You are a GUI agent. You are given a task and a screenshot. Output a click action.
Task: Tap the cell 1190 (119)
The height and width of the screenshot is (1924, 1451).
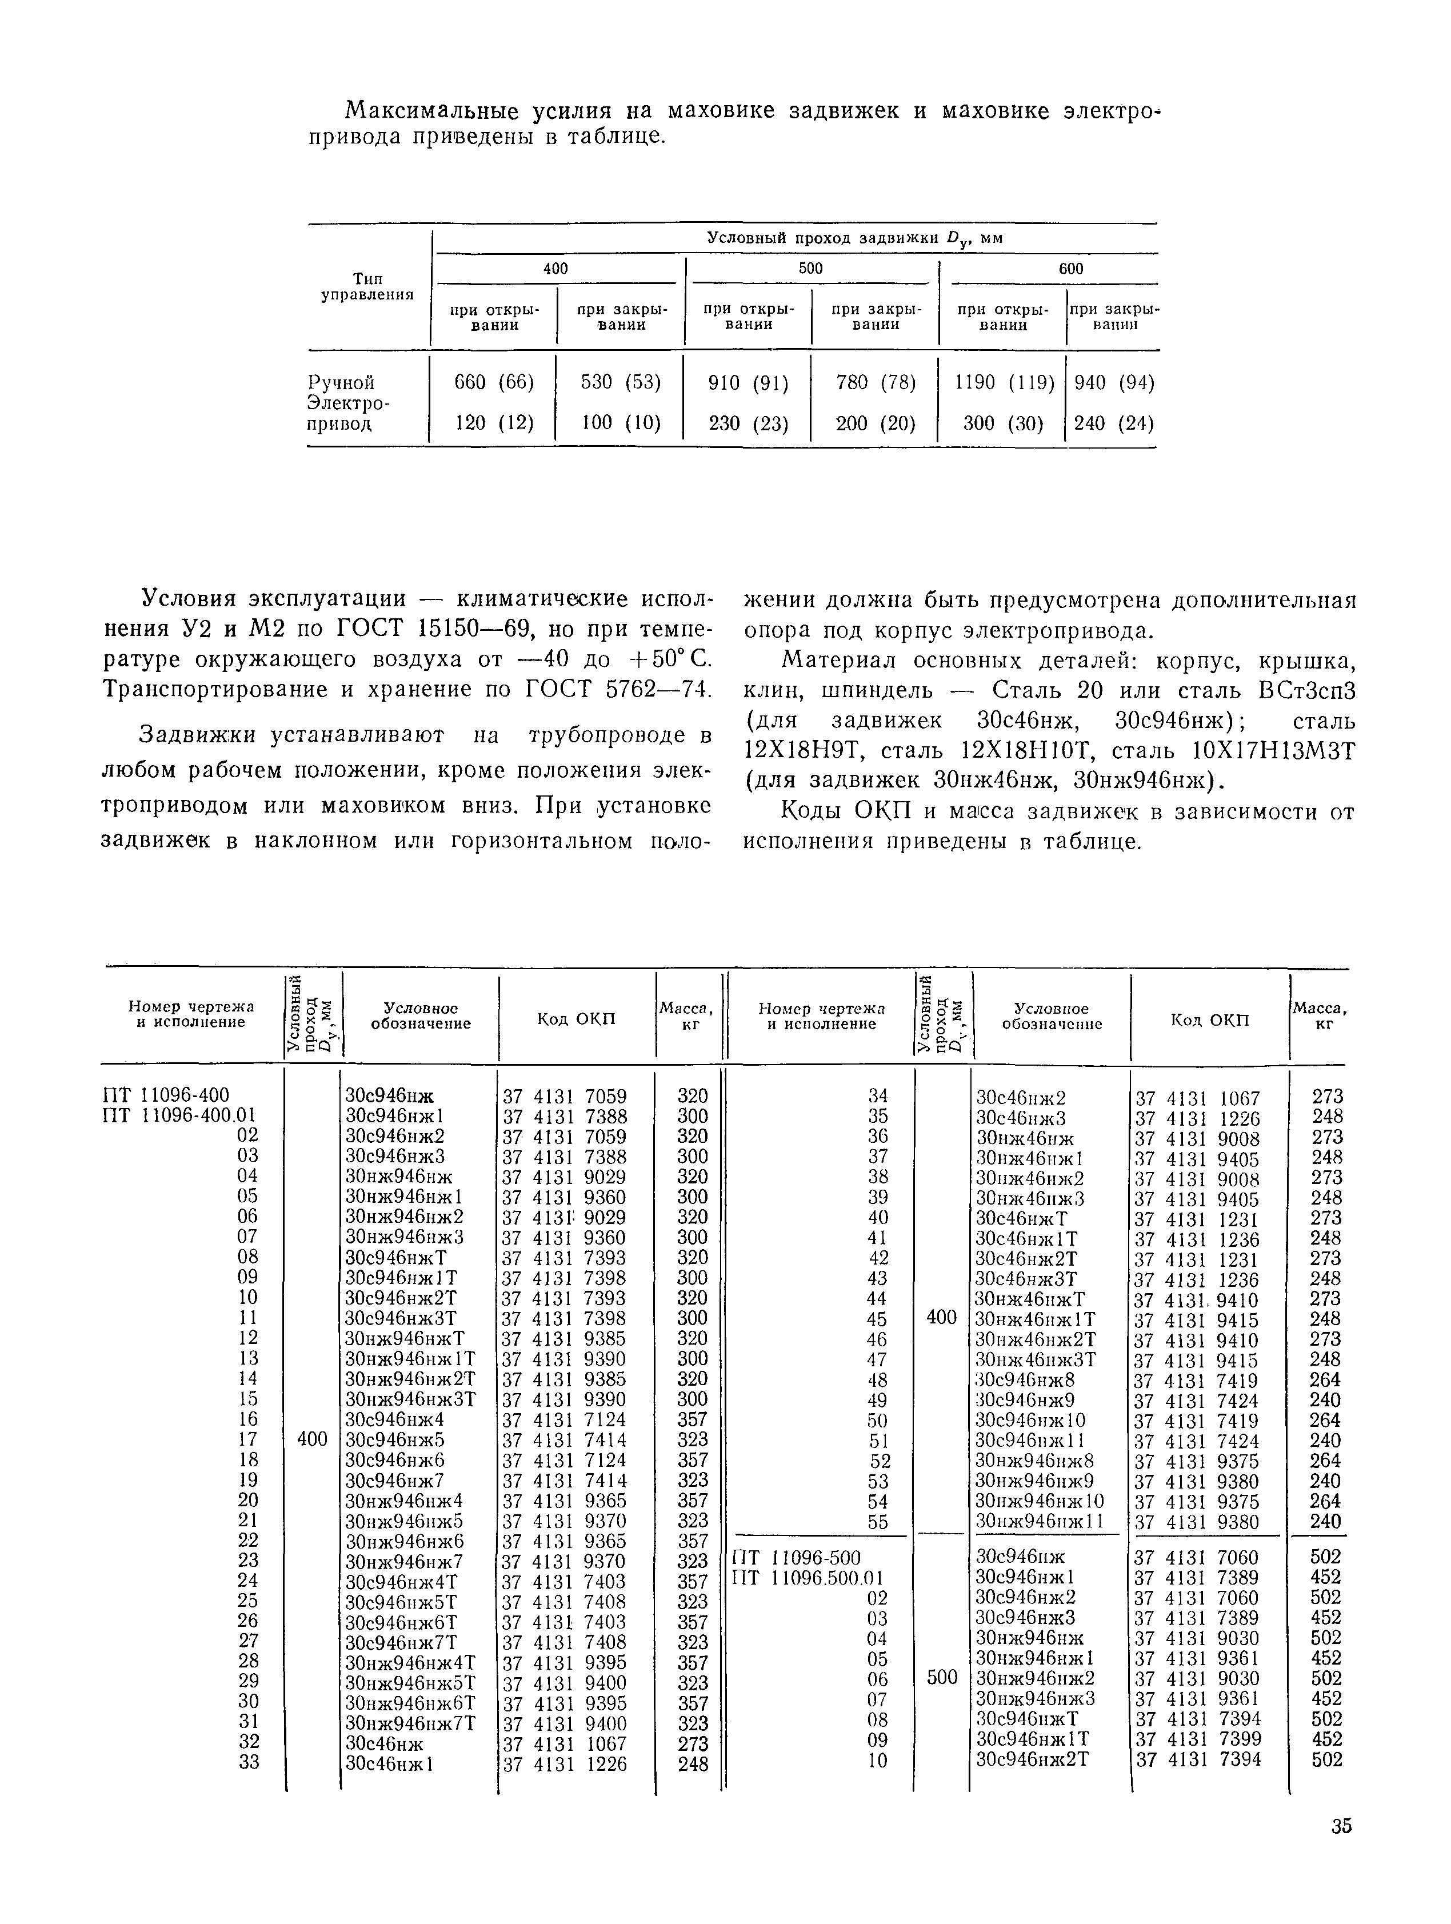point(1004,382)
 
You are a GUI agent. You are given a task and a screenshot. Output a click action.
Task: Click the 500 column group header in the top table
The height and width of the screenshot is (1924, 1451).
point(811,269)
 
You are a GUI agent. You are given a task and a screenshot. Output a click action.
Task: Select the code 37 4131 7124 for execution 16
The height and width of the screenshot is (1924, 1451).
point(565,1419)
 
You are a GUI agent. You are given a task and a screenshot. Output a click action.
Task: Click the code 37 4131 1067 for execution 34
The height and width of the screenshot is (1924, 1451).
point(1198,1098)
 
